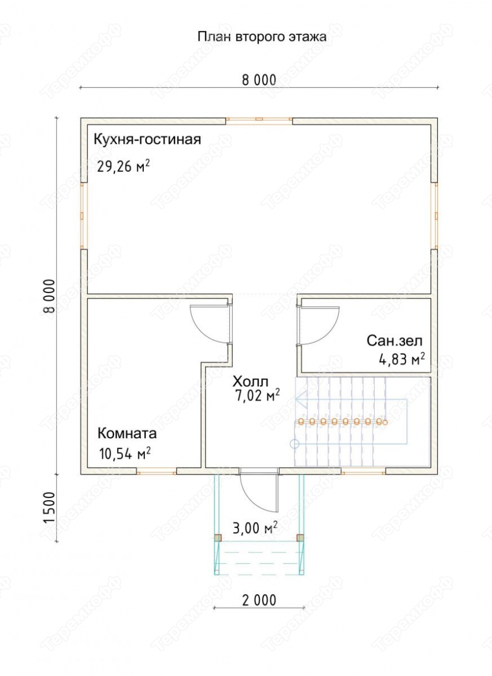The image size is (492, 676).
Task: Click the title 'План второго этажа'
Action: tap(262, 37)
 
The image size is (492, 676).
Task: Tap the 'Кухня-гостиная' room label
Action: tap(147, 140)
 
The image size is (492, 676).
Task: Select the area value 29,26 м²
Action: tap(123, 166)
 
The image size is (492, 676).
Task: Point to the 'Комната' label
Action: tap(127, 433)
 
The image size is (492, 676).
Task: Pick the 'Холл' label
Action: tap(250, 382)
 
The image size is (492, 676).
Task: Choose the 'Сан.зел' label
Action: tap(395, 340)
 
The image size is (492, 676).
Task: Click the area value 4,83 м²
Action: tap(402, 359)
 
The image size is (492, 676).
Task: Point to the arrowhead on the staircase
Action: tap(301, 399)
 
